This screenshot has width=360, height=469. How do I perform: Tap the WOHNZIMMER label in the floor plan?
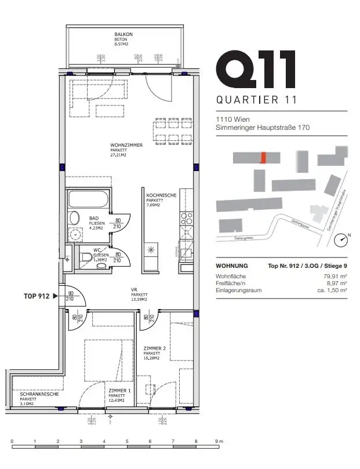pyautogui.click(x=126, y=145)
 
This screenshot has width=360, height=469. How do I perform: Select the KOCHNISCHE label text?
pyautogui.click(x=161, y=196)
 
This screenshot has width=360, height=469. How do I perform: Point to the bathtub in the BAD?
pyautogui.click(x=88, y=199)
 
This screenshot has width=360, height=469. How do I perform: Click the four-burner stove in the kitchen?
pyautogui.click(x=187, y=219)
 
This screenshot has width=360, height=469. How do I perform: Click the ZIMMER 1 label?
pyautogui.click(x=120, y=391)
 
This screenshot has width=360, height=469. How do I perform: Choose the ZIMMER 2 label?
pyautogui.click(x=155, y=348)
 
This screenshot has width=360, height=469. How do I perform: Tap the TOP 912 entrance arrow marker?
pyautogui.click(x=56, y=296)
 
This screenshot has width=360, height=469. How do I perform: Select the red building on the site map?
pyautogui.click(x=264, y=158)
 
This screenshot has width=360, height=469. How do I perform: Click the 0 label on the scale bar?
pyautogui.click(x=12, y=442)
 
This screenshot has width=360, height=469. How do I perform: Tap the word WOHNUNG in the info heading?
pyautogui.click(x=231, y=266)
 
